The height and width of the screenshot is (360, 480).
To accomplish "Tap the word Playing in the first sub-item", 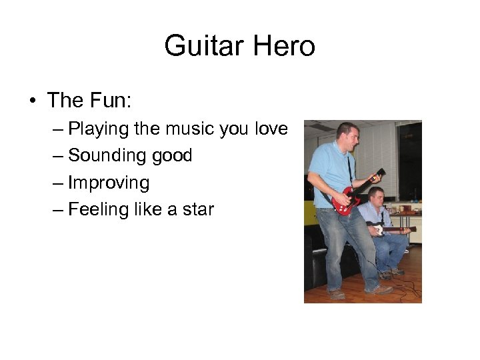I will click(99, 128).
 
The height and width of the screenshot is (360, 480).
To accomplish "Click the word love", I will click(271, 128).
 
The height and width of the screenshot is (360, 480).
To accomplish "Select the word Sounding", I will click(107, 155).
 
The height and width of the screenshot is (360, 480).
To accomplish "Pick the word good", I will click(171, 156).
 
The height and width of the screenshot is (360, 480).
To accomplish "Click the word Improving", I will click(109, 183).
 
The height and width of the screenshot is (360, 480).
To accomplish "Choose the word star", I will click(198, 209).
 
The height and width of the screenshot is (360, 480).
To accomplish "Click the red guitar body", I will click(343, 201).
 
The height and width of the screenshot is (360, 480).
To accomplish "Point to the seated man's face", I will click(377, 197).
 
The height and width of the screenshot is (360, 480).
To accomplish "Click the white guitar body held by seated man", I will click(378, 229).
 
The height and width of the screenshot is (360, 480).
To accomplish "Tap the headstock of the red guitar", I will click(379, 175).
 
